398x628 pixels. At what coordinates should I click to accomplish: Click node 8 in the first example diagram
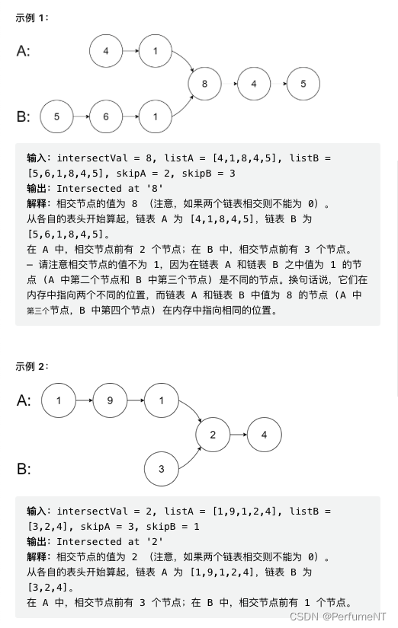point(204,84)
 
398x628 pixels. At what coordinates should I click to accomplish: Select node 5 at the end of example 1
point(303,84)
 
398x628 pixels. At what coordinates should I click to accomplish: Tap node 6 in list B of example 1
point(105,117)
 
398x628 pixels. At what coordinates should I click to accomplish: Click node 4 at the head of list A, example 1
point(105,51)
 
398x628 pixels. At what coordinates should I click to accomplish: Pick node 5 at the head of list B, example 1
point(56,117)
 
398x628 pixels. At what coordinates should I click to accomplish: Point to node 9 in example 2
point(110,400)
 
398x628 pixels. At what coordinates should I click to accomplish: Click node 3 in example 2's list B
point(161,469)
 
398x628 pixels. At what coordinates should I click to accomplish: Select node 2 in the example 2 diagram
point(213,435)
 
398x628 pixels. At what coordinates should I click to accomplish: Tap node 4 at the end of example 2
point(264,435)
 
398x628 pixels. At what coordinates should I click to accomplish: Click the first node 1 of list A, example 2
point(59,400)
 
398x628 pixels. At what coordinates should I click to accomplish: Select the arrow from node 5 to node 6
point(81,117)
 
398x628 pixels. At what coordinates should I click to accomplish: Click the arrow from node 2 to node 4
point(238,435)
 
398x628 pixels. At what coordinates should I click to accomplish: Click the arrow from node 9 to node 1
point(135,400)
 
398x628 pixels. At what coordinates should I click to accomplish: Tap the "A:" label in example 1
point(24,51)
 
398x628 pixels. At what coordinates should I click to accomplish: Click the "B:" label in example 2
point(24,468)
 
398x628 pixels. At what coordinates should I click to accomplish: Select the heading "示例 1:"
point(32,18)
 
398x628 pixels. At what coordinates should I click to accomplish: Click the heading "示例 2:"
point(32,366)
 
